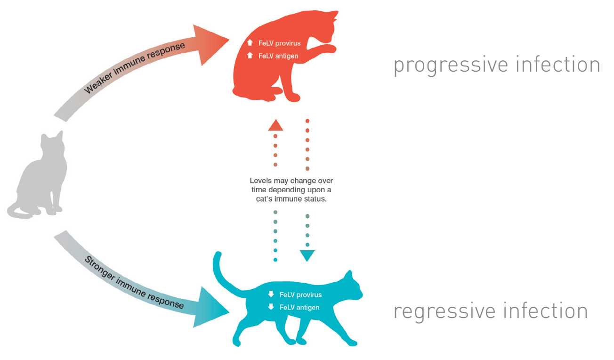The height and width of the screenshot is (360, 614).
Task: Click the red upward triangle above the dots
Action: click(275, 125)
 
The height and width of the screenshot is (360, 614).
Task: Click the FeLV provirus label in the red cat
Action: click(279, 43)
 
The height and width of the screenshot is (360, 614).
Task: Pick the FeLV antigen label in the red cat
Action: click(278, 56)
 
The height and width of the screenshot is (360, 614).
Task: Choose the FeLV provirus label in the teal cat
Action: click(300, 295)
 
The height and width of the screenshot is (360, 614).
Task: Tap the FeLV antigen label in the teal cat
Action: click(299, 308)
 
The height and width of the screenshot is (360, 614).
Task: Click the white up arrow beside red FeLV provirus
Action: click(250, 43)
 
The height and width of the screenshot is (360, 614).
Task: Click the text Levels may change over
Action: click(291, 181)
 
